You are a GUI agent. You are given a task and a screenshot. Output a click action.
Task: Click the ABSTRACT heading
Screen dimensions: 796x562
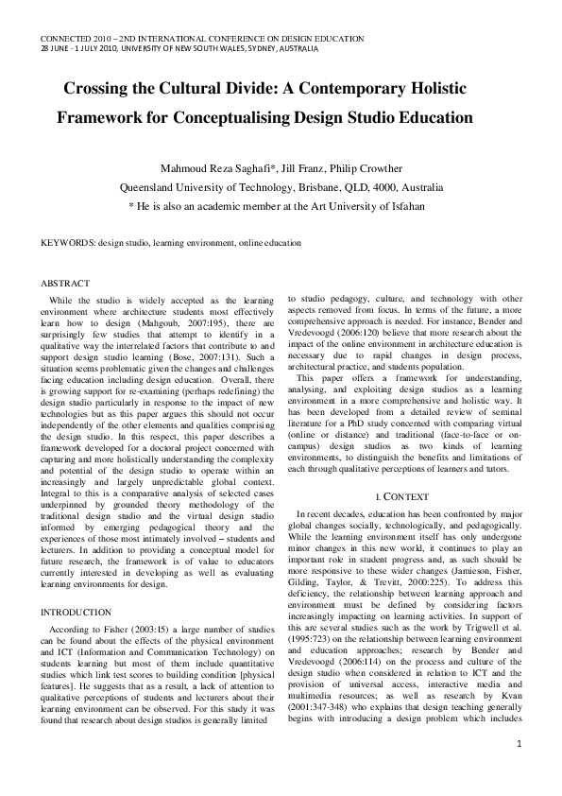click(65, 283)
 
